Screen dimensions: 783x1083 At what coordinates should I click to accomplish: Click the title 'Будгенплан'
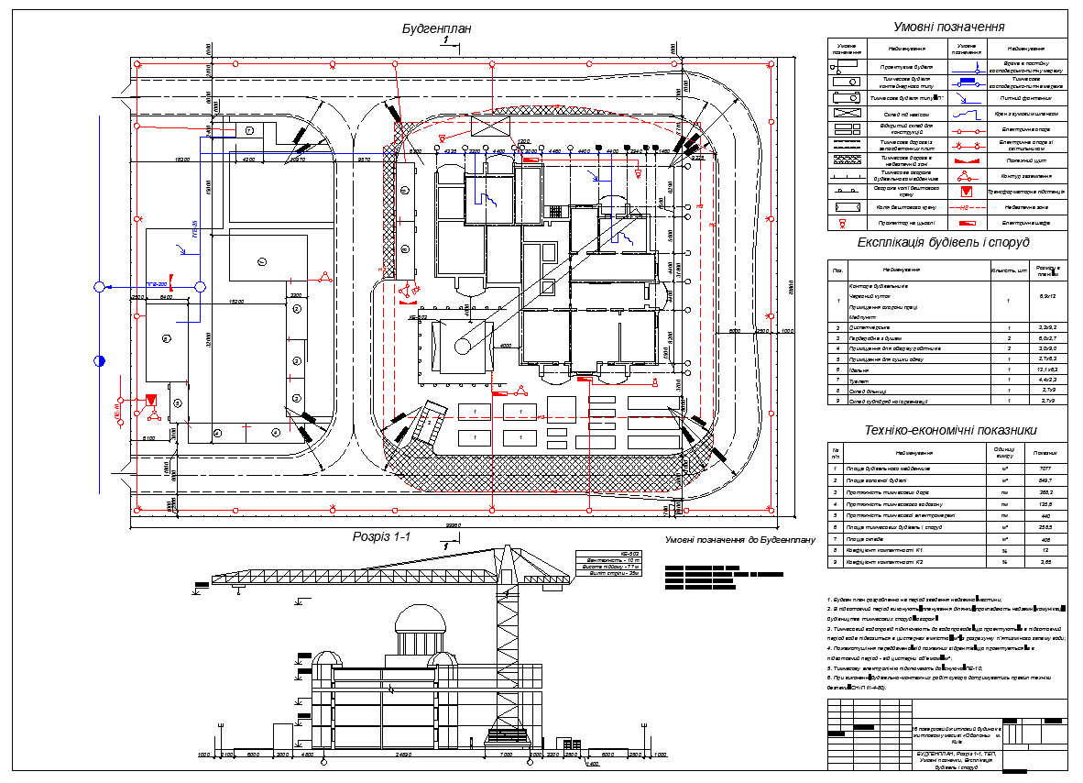coord(436,28)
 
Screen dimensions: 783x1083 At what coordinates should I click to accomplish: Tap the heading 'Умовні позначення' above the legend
coord(949,28)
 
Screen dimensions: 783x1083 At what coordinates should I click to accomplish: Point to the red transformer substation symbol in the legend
coord(966,192)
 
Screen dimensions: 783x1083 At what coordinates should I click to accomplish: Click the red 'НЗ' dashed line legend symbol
coord(966,207)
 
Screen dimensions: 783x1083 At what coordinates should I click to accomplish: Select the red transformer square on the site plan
coord(151,401)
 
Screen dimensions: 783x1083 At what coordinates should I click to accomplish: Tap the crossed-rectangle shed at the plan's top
coord(483,127)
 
